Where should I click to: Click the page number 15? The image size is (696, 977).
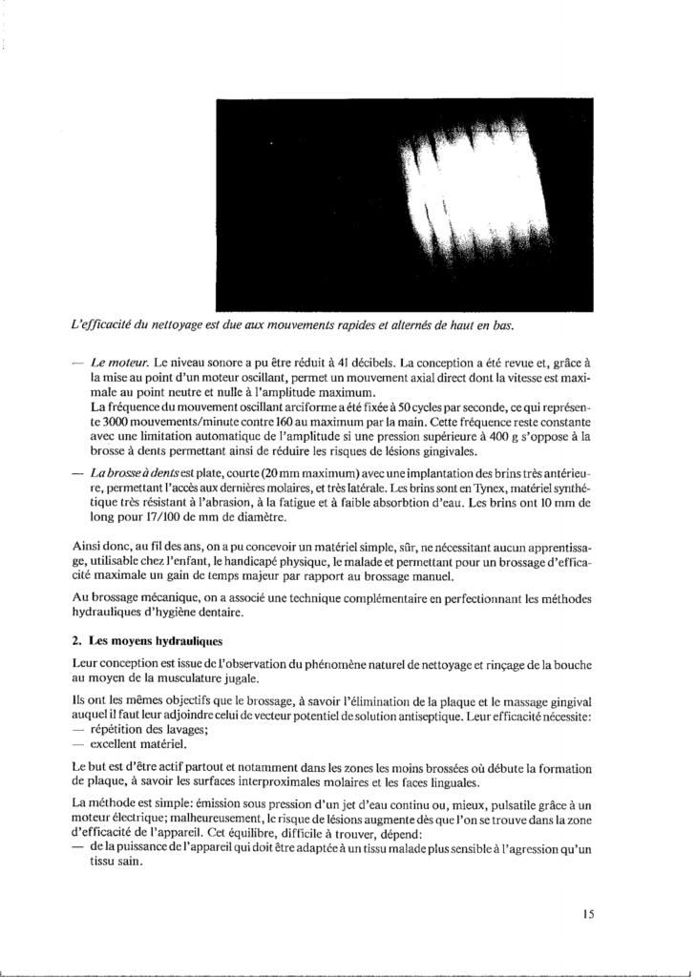[x=588, y=913]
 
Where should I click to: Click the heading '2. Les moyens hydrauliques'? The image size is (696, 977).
[x=148, y=637]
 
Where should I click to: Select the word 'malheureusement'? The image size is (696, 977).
[x=273, y=820]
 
